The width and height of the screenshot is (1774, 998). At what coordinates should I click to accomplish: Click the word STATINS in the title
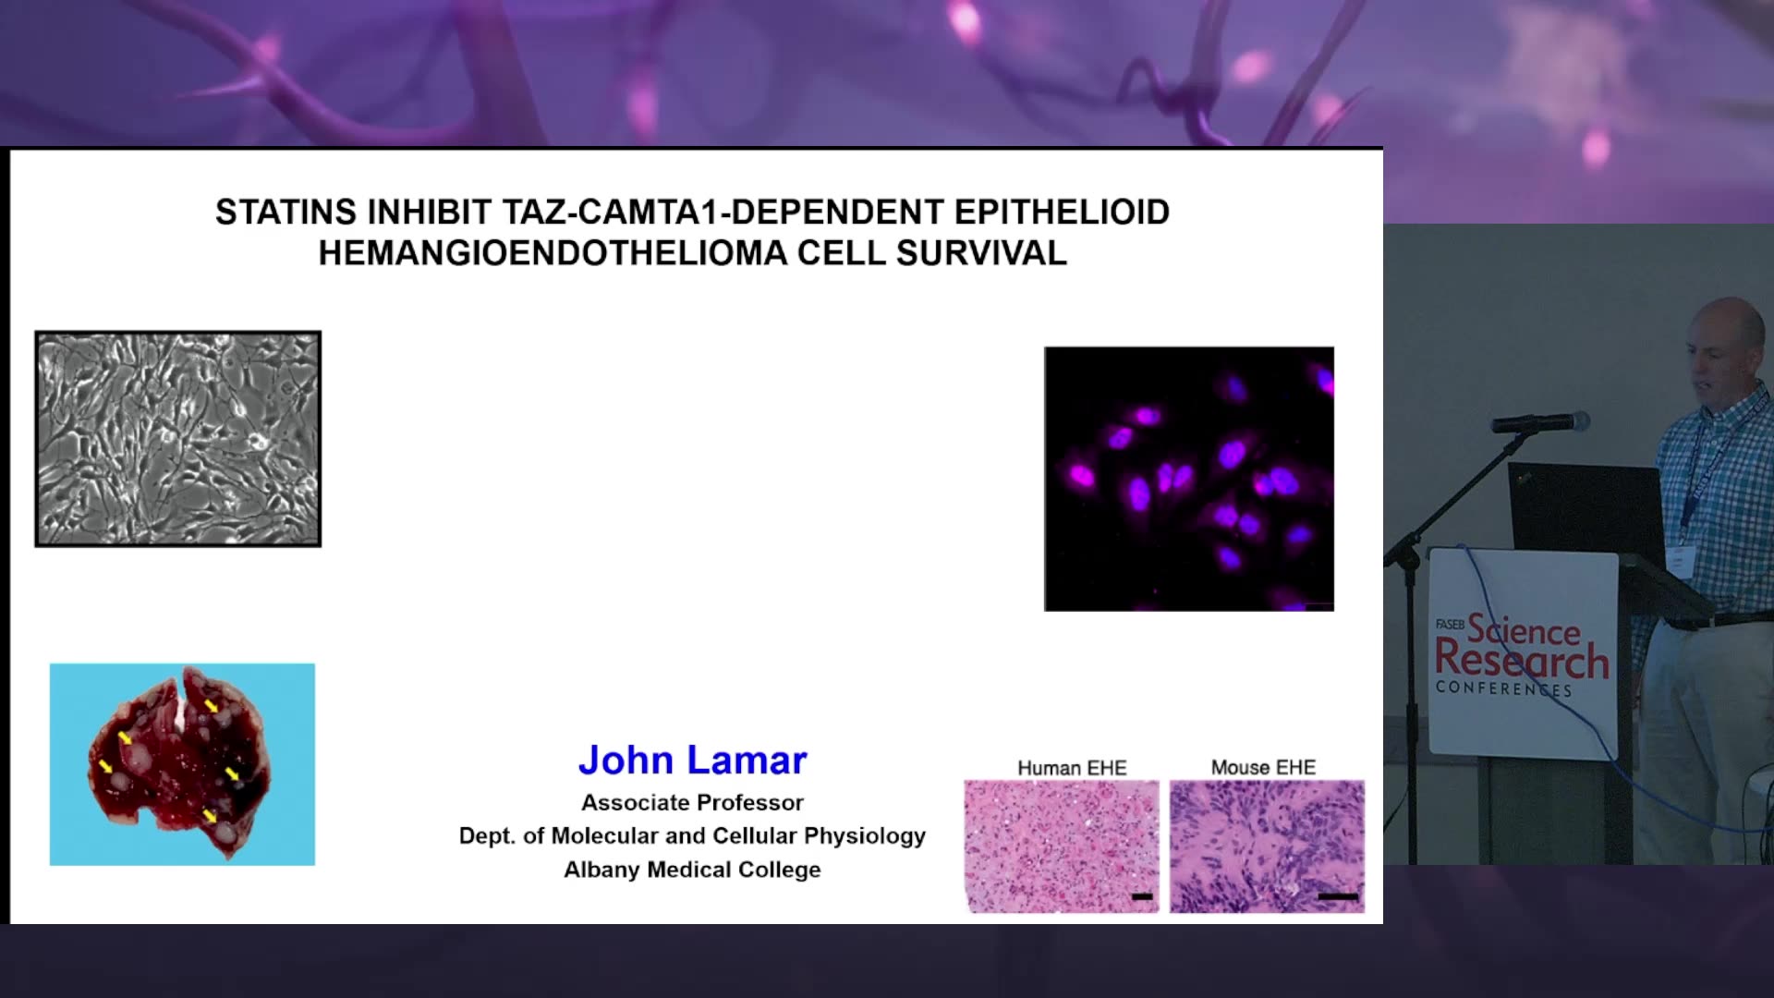(x=286, y=213)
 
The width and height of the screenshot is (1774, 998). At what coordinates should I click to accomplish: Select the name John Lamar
(x=693, y=761)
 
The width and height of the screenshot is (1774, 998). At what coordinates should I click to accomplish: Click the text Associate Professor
(x=693, y=803)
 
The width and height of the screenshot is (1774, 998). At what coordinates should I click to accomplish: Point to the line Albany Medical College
(x=693, y=870)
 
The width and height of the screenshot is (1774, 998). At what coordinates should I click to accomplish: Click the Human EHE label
(x=1072, y=768)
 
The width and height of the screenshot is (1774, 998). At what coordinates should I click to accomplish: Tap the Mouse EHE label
(x=1263, y=767)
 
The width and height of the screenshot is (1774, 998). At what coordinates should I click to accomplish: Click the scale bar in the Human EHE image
(x=1142, y=896)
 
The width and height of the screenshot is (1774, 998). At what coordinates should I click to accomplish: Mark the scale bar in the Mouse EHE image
(x=1338, y=896)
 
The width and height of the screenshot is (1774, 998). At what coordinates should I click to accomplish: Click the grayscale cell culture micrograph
(x=178, y=439)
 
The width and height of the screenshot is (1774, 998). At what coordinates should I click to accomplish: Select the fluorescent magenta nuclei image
(x=1189, y=479)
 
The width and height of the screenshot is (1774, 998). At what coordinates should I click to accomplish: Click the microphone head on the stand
(x=1540, y=422)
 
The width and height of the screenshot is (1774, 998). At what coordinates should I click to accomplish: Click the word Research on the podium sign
(x=1522, y=661)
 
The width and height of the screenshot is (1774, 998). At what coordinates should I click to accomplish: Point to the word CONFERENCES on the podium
(x=1503, y=688)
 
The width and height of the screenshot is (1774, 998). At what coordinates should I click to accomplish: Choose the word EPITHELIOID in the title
(x=1062, y=213)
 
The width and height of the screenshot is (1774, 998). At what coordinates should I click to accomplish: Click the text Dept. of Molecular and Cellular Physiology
(x=693, y=836)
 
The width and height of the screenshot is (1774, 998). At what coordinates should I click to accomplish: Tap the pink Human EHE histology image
(x=1062, y=846)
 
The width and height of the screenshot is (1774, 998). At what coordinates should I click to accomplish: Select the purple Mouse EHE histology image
(x=1267, y=846)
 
